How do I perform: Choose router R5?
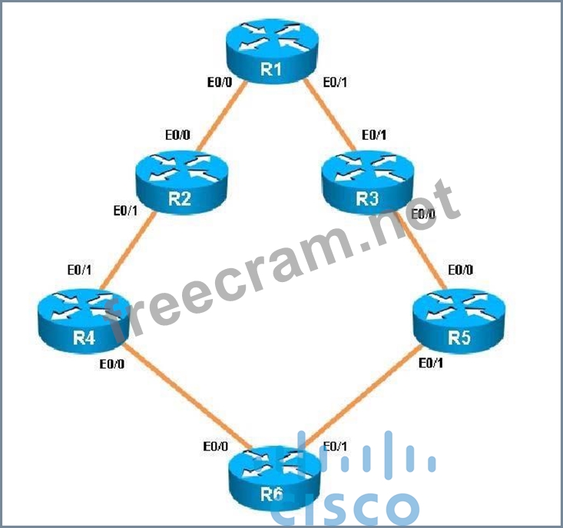pyautogui.click(x=459, y=316)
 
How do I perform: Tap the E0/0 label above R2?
pyautogui.click(x=178, y=134)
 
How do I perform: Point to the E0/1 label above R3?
pyautogui.click(x=374, y=134)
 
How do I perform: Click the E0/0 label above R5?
pyautogui.click(x=460, y=270)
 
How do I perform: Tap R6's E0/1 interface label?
pyautogui.click(x=336, y=446)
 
